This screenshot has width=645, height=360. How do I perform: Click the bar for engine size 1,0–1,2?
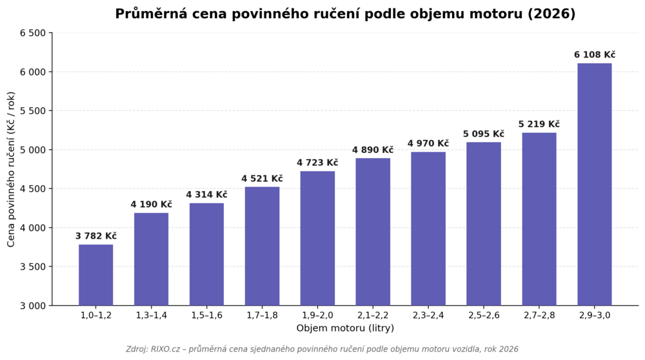96,275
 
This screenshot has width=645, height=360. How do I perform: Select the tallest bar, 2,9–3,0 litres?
595,185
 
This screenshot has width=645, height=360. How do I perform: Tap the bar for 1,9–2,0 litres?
317,238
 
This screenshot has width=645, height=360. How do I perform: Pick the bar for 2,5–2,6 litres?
484,224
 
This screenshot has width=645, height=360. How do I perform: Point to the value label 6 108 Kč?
595,55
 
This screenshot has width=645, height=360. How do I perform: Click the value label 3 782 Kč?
96,236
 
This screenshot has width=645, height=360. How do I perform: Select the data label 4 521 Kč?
262,179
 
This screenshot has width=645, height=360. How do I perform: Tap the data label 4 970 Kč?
428,144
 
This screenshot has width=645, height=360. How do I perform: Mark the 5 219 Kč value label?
539,125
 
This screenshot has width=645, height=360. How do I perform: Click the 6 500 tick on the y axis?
32,33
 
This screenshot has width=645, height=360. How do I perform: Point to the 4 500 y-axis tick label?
32,189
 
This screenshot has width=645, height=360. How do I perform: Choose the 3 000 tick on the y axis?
32,306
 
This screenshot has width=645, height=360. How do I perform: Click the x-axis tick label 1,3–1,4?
152,315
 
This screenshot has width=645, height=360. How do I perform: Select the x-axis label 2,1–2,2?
373,315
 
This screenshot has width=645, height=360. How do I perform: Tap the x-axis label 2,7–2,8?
539,315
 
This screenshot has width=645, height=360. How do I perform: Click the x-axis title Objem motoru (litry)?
345,328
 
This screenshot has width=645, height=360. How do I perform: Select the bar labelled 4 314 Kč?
206,254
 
